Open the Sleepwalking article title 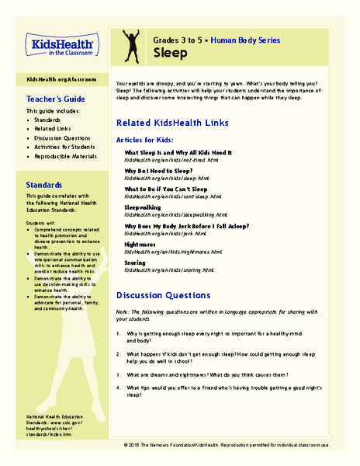148,208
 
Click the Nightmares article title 144,243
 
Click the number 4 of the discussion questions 118,387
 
